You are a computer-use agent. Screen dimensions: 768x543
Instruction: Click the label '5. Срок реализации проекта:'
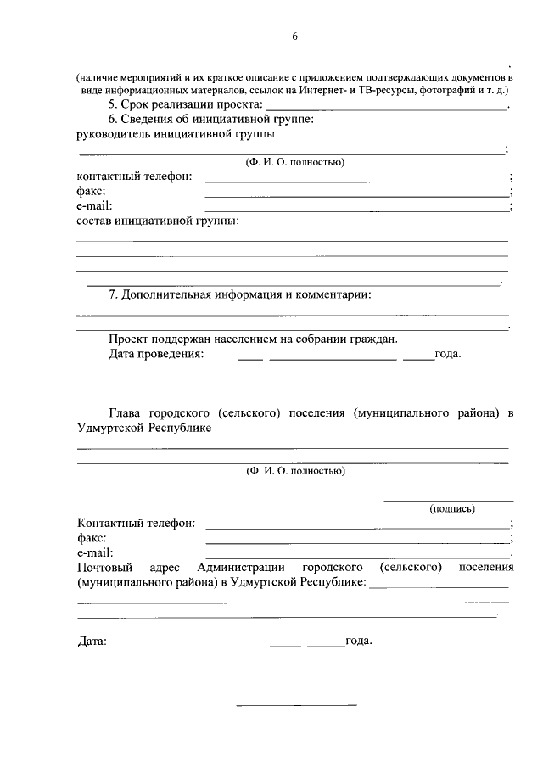point(186,104)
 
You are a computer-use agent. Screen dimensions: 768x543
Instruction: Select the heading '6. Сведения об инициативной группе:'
point(211,120)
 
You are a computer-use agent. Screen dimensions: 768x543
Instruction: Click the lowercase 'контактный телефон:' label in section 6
point(134,177)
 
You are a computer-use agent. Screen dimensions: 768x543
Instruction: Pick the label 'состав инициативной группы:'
point(157,221)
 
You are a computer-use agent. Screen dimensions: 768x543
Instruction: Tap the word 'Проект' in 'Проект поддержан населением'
point(128,339)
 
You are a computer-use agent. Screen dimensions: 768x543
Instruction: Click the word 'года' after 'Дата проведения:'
point(446,355)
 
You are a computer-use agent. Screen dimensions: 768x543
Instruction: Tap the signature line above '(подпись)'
point(449,501)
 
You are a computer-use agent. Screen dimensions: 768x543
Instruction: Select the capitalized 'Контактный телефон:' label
point(136,523)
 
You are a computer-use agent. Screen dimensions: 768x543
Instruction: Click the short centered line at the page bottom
point(296,705)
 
